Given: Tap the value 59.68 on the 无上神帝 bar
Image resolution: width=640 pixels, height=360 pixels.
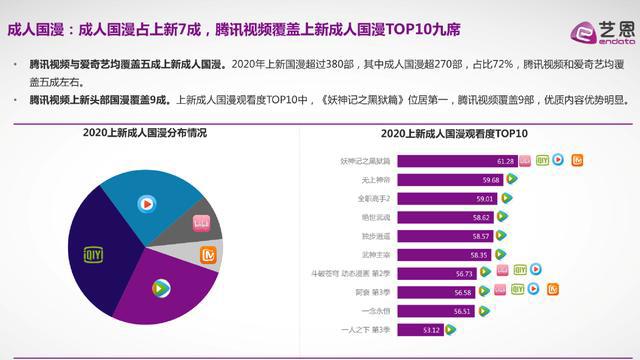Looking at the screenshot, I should [491, 179].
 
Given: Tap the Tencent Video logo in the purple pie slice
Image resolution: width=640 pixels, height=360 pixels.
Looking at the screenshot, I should [160, 289].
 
